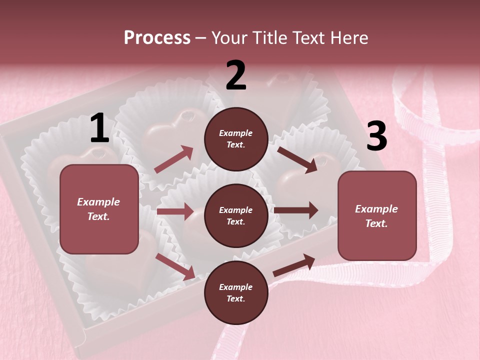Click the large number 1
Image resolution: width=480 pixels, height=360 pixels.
pyautogui.click(x=99, y=128)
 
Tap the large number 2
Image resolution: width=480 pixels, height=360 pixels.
pyautogui.click(x=236, y=75)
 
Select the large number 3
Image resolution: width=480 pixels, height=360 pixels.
pyautogui.click(x=377, y=136)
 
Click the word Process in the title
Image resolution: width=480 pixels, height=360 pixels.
pyautogui.click(x=157, y=37)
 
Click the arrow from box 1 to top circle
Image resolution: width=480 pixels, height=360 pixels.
pyautogui.click(x=174, y=159)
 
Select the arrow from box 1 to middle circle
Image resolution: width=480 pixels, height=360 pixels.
pyautogui.click(x=175, y=211)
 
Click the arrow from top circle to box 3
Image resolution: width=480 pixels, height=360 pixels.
pyautogui.click(x=297, y=159)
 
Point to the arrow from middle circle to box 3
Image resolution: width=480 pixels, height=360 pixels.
pyautogui.click(x=296, y=210)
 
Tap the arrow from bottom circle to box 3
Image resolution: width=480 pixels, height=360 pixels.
pyautogui.click(x=294, y=265)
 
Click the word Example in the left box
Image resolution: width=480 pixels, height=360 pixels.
pyautogui.click(x=98, y=202)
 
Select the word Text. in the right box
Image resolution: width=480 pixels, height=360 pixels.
pyautogui.click(x=376, y=223)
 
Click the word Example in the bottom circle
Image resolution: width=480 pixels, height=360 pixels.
pyautogui.click(x=235, y=287)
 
